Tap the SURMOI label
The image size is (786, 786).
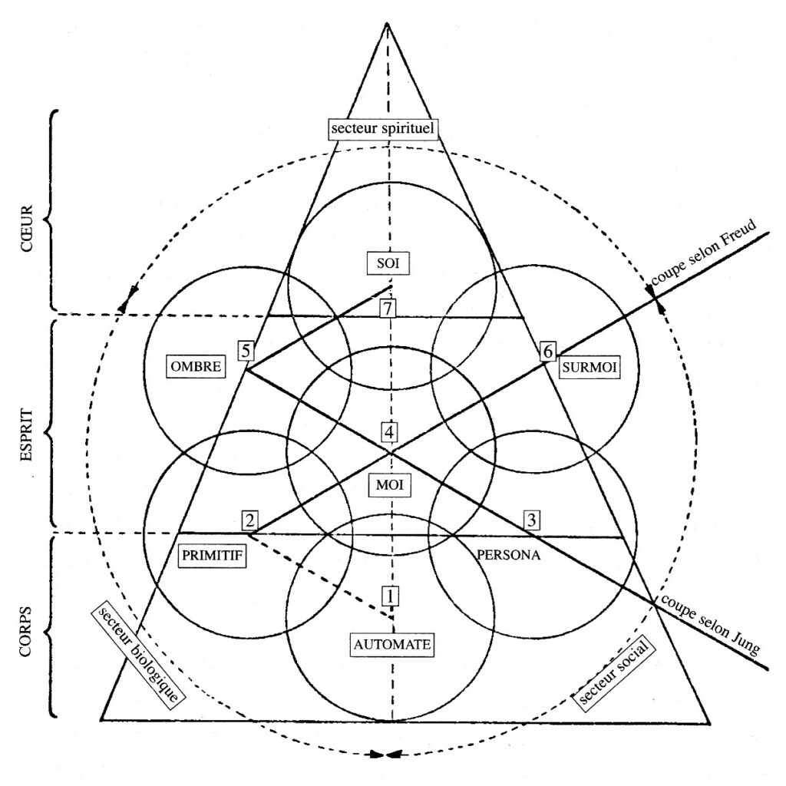coord(589,368)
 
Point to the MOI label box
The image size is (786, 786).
coord(390,485)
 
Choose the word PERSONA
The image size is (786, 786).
coord(509,555)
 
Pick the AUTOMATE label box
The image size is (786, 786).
coord(393,644)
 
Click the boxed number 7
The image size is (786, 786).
coord(389,309)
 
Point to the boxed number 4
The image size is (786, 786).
coord(390,431)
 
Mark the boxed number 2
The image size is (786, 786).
coord(249,520)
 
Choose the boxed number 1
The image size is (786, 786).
coord(391,595)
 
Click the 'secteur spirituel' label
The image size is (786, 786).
coord(385,129)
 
